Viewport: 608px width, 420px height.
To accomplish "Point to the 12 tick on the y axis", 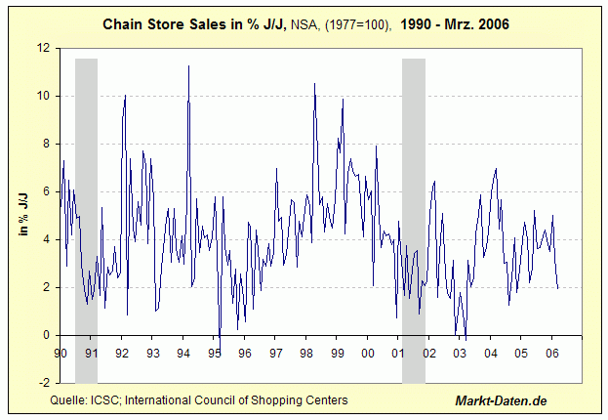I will [43, 48].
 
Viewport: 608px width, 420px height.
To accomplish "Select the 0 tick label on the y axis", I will [47, 335].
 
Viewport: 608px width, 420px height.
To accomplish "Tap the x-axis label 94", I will [183, 353].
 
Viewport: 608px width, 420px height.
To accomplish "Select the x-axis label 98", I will [306, 353].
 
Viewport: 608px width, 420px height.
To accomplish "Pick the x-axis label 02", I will [429, 353].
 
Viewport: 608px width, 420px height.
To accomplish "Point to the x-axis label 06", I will [552, 353].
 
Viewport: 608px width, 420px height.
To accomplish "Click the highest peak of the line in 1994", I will [188, 65].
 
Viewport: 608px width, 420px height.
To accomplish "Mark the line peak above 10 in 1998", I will [314, 84].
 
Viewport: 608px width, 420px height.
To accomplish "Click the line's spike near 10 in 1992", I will [125, 96].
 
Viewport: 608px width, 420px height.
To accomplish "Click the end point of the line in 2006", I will [558, 288].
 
